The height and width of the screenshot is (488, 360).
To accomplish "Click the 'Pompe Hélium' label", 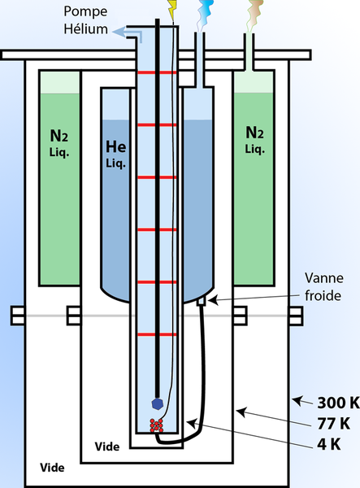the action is coord(86,20).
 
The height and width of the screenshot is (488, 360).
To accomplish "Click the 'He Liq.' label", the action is coord(116,154).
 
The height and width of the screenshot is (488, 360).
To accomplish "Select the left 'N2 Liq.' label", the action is coord(59,143).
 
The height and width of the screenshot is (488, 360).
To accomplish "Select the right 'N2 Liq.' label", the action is coord(254,140).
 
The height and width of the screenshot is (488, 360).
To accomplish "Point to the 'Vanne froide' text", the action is coord(323,286).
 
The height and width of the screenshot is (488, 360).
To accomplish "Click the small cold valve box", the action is coord(202,301).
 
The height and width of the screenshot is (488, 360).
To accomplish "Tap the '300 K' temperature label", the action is coord(338,403).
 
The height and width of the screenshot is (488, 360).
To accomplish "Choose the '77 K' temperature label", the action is coord(333,423).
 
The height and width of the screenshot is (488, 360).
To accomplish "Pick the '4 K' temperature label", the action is coord(329,444).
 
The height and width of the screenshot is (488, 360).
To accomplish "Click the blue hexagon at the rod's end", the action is coord(158,403).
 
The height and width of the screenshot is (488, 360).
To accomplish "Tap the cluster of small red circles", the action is coord(156,425).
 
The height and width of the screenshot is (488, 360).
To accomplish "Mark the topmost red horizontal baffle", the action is coord(157,72).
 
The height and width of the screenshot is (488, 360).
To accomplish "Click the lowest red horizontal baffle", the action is coord(157,334).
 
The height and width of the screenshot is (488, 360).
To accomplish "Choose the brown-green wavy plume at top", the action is coord(254,15).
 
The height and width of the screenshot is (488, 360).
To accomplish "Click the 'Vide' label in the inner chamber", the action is coord(107,447).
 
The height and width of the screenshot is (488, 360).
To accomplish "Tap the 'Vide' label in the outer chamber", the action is coord(52,468).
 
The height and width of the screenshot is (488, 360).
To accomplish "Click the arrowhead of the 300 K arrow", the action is coord(297,400).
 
